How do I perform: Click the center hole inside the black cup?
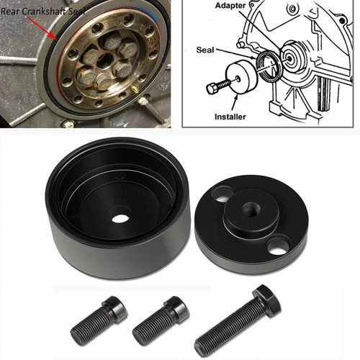point(121,216)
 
